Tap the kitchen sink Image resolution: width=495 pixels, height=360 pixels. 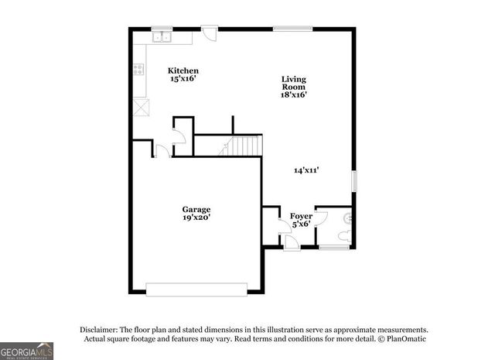coord(162,36)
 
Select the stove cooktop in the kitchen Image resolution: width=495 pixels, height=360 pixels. coord(138,69)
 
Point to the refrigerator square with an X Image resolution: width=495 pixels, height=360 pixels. coord(139,107)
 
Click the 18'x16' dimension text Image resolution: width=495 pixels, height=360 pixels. coord(294,95)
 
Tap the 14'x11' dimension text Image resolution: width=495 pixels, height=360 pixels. coord(306,170)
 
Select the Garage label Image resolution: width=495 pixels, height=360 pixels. coord(196,209)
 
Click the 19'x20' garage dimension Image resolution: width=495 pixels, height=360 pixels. coord(196,218)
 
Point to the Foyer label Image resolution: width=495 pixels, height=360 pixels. coord(300,216)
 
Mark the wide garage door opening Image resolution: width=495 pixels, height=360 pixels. coord(196,290)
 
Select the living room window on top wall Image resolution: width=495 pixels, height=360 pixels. coord(292,29)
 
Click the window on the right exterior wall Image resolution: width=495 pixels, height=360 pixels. coord(354,180)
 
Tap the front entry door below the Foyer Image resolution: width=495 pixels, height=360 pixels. coord(291,243)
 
